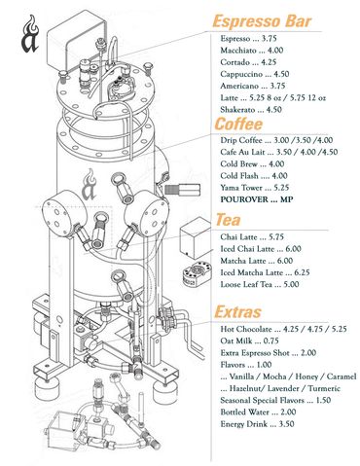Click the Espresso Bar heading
click(x=262, y=21)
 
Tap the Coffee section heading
click(x=238, y=124)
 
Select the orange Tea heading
click(x=229, y=220)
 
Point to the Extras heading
click(x=237, y=311)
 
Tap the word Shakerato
click(x=237, y=110)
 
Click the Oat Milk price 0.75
click(x=271, y=341)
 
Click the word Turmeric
click(x=324, y=388)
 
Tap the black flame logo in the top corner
click(x=30, y=34)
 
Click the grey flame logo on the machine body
click(x=89, y=185)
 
